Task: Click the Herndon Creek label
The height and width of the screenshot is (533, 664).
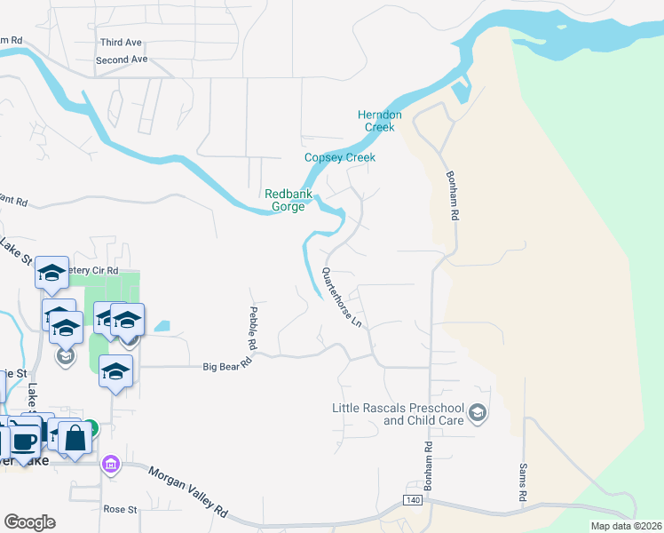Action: [379, 121]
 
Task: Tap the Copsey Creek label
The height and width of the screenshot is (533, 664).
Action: [340, 158]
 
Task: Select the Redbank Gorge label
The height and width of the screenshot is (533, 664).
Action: [285, 200]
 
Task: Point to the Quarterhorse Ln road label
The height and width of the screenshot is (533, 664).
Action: [342, 298]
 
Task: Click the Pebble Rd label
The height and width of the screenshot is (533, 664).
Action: [251, 325]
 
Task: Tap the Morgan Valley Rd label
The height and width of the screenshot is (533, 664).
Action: [187, 494]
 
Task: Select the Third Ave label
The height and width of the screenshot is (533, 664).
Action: [121, 43]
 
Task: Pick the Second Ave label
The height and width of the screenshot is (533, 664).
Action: [122, 60]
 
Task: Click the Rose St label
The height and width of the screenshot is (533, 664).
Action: [119, 510]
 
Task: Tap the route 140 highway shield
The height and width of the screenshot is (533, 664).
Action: [413, 502]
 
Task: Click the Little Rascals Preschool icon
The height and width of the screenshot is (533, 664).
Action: [478, 412]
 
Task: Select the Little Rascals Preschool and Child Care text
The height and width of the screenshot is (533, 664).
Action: [398, 414]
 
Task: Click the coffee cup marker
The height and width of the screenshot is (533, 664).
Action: [24, 442]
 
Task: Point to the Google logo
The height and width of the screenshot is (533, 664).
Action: [29, 521]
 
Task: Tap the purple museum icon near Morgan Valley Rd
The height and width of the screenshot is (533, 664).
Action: [110, 465]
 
